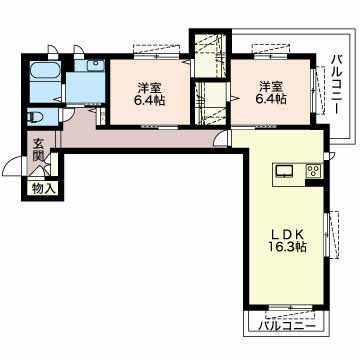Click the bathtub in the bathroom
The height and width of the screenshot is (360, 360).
[45, 71]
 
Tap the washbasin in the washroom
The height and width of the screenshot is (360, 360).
[96, 66]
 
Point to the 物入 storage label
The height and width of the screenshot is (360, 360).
[43, 189]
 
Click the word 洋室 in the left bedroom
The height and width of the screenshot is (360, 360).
[150, 88]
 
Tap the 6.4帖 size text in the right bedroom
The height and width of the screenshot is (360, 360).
[271, 99]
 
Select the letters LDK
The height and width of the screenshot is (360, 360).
[287, 234]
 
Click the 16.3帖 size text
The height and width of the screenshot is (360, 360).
[287, 246]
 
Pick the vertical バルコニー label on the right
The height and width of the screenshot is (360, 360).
[337, 84]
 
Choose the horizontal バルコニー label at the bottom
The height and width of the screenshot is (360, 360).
[287, 325]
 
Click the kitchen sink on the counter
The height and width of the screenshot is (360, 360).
[284, 171]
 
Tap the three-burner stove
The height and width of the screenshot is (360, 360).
[314, 171]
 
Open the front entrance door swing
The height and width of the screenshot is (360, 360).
[14, 165]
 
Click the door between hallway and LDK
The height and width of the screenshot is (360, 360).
[222, 139]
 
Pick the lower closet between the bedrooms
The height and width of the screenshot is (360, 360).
[211, 103]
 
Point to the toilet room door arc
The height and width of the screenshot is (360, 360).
[68, 115]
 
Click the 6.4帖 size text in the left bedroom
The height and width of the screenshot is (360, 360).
[150, 99]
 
